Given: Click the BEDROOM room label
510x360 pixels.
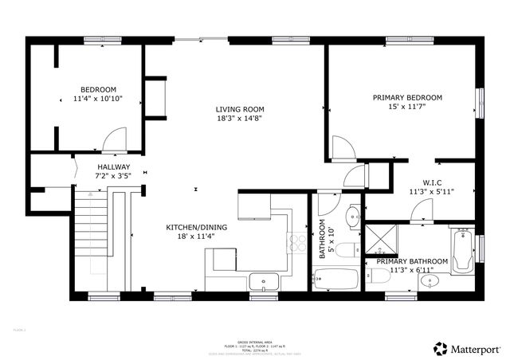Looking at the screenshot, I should point(99,89).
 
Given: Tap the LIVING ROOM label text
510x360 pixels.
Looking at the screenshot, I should point(240,109).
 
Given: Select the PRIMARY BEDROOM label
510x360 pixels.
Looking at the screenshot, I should point(407,98).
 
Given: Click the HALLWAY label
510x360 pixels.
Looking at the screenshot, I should point(113,167).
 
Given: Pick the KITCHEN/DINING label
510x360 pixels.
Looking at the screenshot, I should point(196,227).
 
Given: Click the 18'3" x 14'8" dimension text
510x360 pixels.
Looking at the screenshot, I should point(240,119).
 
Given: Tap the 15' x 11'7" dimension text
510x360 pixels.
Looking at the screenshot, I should point(407,108).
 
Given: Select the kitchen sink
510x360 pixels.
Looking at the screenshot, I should point(264,280).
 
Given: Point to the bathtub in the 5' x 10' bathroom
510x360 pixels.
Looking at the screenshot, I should point(335,280).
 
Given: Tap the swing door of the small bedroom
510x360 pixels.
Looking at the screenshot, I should point(115,140).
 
